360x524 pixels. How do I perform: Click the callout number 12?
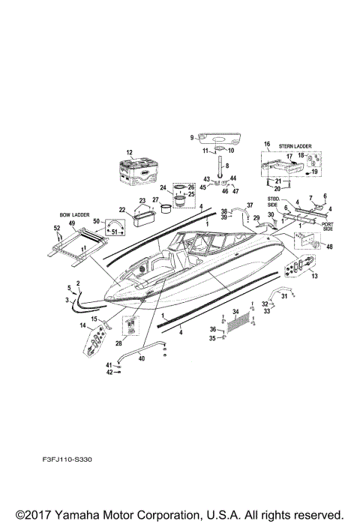pos(128,151)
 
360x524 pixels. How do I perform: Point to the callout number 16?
pos(265,143)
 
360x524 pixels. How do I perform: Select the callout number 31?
pos(283,295)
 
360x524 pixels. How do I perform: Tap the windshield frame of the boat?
pos(199,247)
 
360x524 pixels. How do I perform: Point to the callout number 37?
pos(250,205)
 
